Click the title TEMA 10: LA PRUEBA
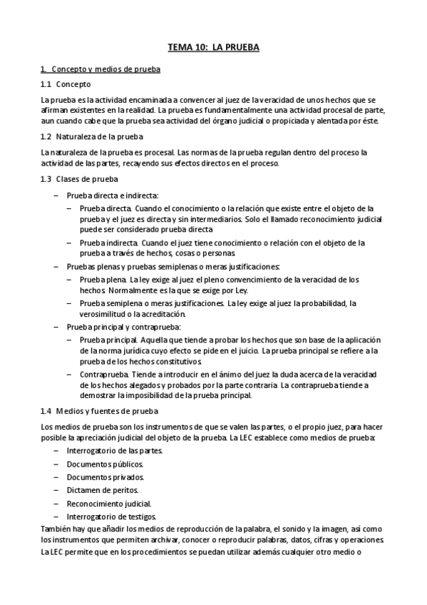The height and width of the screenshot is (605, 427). (x=213, y=47)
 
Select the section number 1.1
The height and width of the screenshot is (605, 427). (x=46, y=84)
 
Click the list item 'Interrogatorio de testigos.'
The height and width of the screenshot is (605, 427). (x=112, y=516)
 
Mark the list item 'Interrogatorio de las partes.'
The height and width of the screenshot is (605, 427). (x=115, y=451)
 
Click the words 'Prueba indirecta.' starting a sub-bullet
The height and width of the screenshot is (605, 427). (x=109, y=243)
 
